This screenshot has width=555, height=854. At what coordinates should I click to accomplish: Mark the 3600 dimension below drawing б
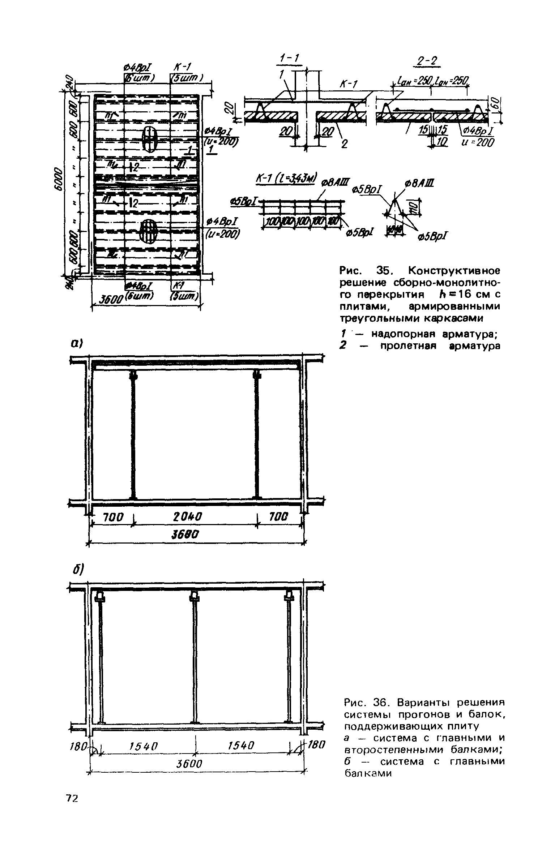[189, 764]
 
